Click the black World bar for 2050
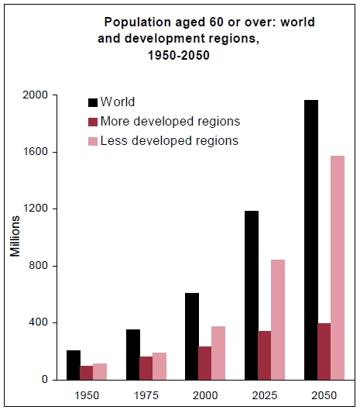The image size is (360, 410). click(310, 239)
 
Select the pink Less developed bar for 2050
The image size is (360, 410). click(337, 267)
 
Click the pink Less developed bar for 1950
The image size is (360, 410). click(99, 371)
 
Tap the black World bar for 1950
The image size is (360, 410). click(73, 365)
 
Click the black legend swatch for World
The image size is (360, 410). click(94, 102)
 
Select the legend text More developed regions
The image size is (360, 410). click(170, 121)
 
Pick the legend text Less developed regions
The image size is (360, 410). click(170, 140)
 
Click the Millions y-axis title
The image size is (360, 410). click(15, 237)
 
